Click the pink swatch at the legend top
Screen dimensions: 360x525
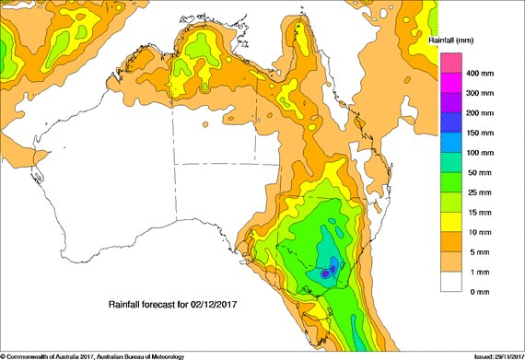449,63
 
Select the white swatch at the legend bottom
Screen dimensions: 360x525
449,282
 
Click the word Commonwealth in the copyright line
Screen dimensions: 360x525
33,355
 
